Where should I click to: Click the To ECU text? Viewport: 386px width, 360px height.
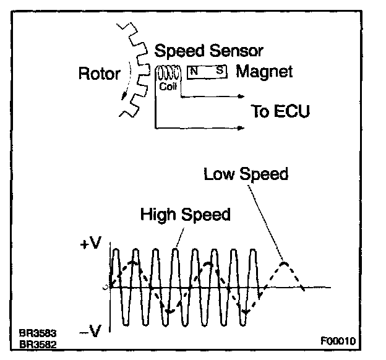[x=280, y=112]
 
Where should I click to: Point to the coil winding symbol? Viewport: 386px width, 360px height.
[x=167, y=74]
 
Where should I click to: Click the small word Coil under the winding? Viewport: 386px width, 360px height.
[x=168, y=87]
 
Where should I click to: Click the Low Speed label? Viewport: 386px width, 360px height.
[x=246, y=174]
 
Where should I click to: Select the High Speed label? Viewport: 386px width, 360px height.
[x=185, y=215]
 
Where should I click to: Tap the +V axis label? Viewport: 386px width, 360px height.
[x=88, y=243]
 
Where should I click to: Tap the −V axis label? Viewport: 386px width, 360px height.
[x=89, y=332]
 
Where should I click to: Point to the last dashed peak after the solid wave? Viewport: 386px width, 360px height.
[x=284, y=264]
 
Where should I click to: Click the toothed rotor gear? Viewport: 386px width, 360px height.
[x=131, y=68]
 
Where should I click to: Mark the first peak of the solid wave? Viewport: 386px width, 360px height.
[x=116, y=250]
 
